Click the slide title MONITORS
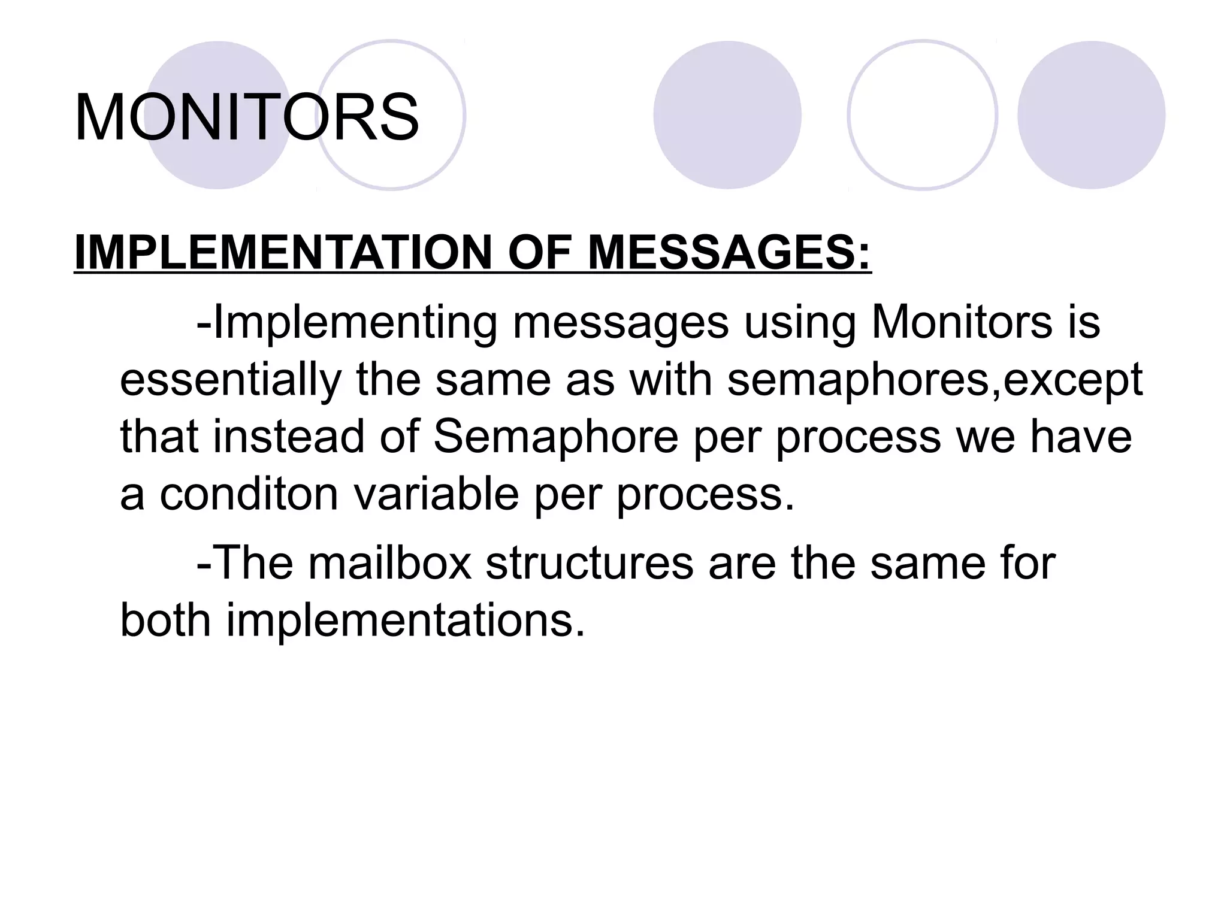point(246,117)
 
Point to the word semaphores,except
point(935,380)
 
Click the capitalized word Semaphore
point(556,437)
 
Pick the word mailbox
point(390,564)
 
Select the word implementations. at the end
point(405,621)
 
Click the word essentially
point(230,380)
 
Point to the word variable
point(436,494)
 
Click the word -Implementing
point(347,323)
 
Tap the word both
point(165,621)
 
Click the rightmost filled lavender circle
point(1091,115)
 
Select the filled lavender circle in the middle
point(727,115)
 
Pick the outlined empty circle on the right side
point(923,115)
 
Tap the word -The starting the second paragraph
point(245,564)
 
